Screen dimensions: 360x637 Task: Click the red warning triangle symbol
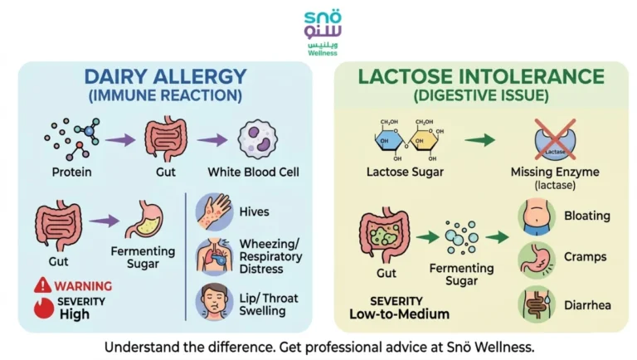pos(42,285)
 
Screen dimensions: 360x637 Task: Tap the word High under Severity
pos(75,314)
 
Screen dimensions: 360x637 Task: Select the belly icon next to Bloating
pos(536,216)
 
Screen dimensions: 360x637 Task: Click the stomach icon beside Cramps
pos(536,260)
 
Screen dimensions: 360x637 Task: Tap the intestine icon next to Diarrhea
pos(536,305)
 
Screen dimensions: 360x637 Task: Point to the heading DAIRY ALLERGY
pos(164,77)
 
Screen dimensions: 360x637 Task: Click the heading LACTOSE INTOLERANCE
pos(481,77)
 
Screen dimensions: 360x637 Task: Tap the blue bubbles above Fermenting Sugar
pos(460,237)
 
